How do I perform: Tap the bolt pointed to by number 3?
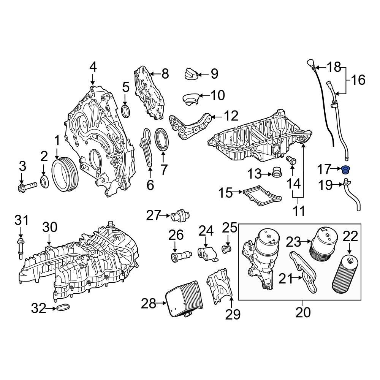(x=26, y=187)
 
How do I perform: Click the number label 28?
(x=149, y=304)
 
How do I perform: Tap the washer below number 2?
(x=44, y=182)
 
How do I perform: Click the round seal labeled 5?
(x=126, y=111)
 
